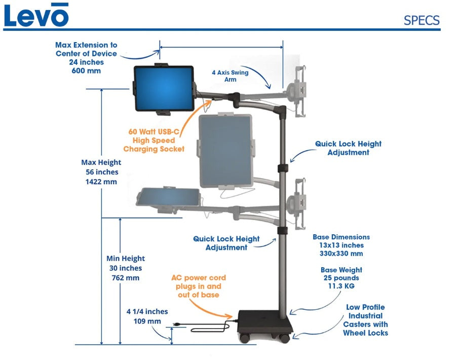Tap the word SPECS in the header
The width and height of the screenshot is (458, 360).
422,21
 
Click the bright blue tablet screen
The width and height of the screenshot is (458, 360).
163,88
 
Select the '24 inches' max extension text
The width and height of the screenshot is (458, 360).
86,62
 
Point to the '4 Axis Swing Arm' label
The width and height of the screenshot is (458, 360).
230,76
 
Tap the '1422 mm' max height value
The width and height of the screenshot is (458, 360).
101,181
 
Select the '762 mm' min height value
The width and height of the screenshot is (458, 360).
125,277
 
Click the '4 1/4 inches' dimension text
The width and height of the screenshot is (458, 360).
147,311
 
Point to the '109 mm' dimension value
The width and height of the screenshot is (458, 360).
147,321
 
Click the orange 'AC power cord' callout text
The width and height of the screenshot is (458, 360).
198,278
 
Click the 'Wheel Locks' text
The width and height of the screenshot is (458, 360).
365,333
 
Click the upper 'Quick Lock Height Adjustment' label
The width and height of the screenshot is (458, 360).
348,148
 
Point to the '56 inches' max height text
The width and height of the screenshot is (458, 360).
101,172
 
